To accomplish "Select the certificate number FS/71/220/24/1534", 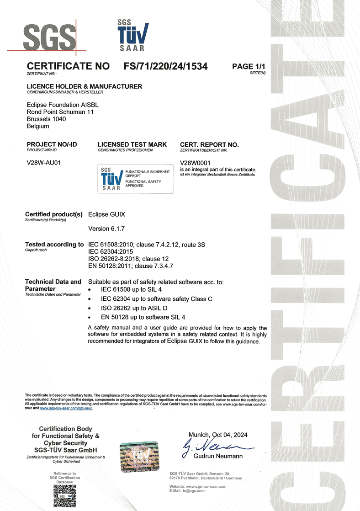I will (165, 66).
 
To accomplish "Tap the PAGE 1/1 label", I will (249, 66).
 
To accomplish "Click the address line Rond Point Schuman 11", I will (60, 112).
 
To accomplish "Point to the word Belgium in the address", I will (38, 126).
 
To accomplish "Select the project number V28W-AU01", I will (44, 162).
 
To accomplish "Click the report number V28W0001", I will (195, 162).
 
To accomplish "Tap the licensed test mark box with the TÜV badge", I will (135, 178).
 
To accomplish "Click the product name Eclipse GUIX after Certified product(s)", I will (106, 214).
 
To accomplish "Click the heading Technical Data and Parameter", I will (53, 285).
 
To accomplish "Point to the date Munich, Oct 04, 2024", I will (218, 435).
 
